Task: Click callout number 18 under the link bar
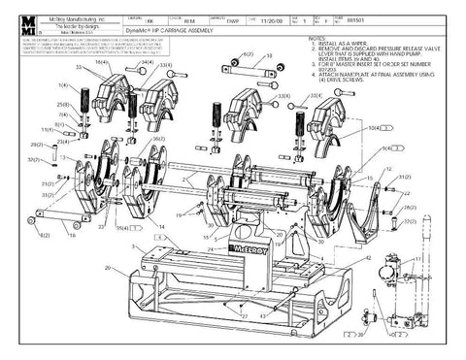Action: (x=70, y=234)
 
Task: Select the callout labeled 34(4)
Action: (x=146, y=63)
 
